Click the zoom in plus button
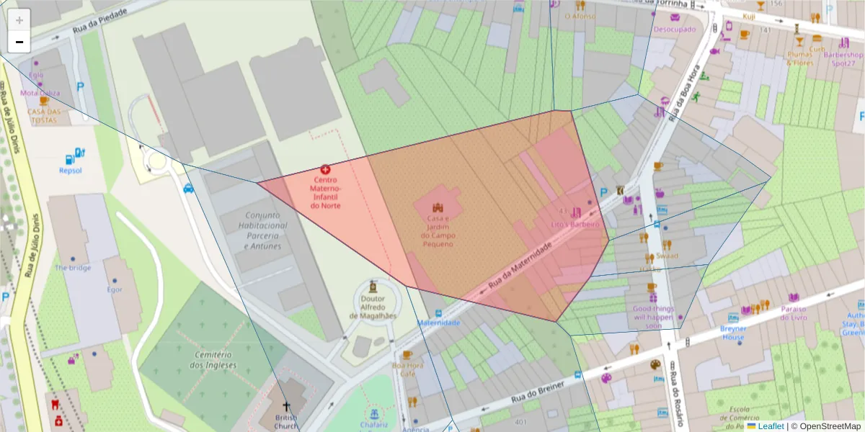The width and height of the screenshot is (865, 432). [19, 20]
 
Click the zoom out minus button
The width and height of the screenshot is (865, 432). [19, 42]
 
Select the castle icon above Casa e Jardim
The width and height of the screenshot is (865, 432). [438, 207]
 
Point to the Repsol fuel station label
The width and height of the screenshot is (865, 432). [70, 171]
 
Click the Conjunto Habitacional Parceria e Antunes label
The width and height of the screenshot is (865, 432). [266, 230]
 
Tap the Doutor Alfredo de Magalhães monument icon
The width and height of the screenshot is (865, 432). [372, 286]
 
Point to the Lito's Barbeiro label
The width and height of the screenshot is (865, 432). [575, 224]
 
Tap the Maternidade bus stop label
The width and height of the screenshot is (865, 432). [439, 323]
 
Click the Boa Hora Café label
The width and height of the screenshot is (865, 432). [408, 369]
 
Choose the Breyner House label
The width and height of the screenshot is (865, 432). [733, 333]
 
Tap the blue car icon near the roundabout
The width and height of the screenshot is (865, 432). [189, 189]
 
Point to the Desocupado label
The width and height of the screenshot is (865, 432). [675, 30]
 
